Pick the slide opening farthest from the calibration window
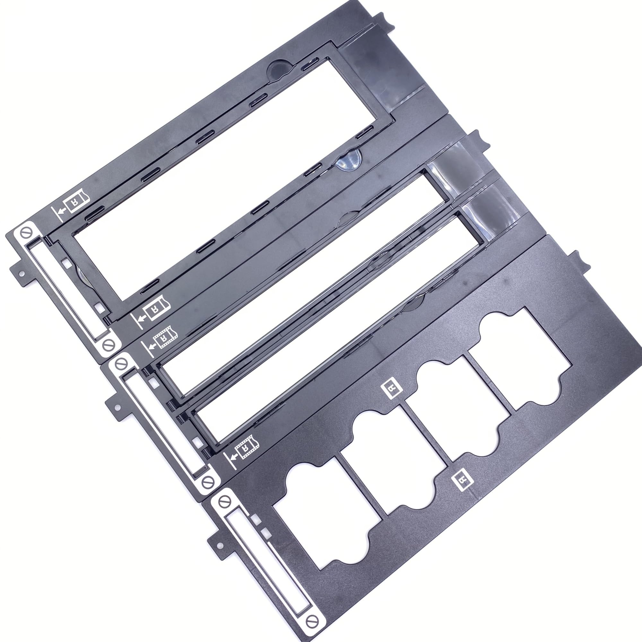tap(522, 357)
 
